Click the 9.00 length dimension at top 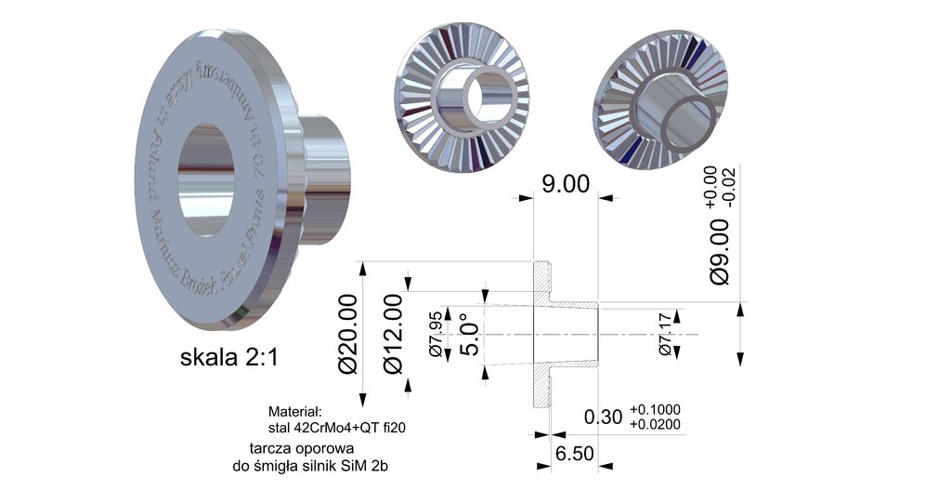565,183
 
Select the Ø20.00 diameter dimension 348,333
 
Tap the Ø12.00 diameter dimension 394,333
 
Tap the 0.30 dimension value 604,418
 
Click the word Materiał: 293,411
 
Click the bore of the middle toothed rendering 487,92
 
